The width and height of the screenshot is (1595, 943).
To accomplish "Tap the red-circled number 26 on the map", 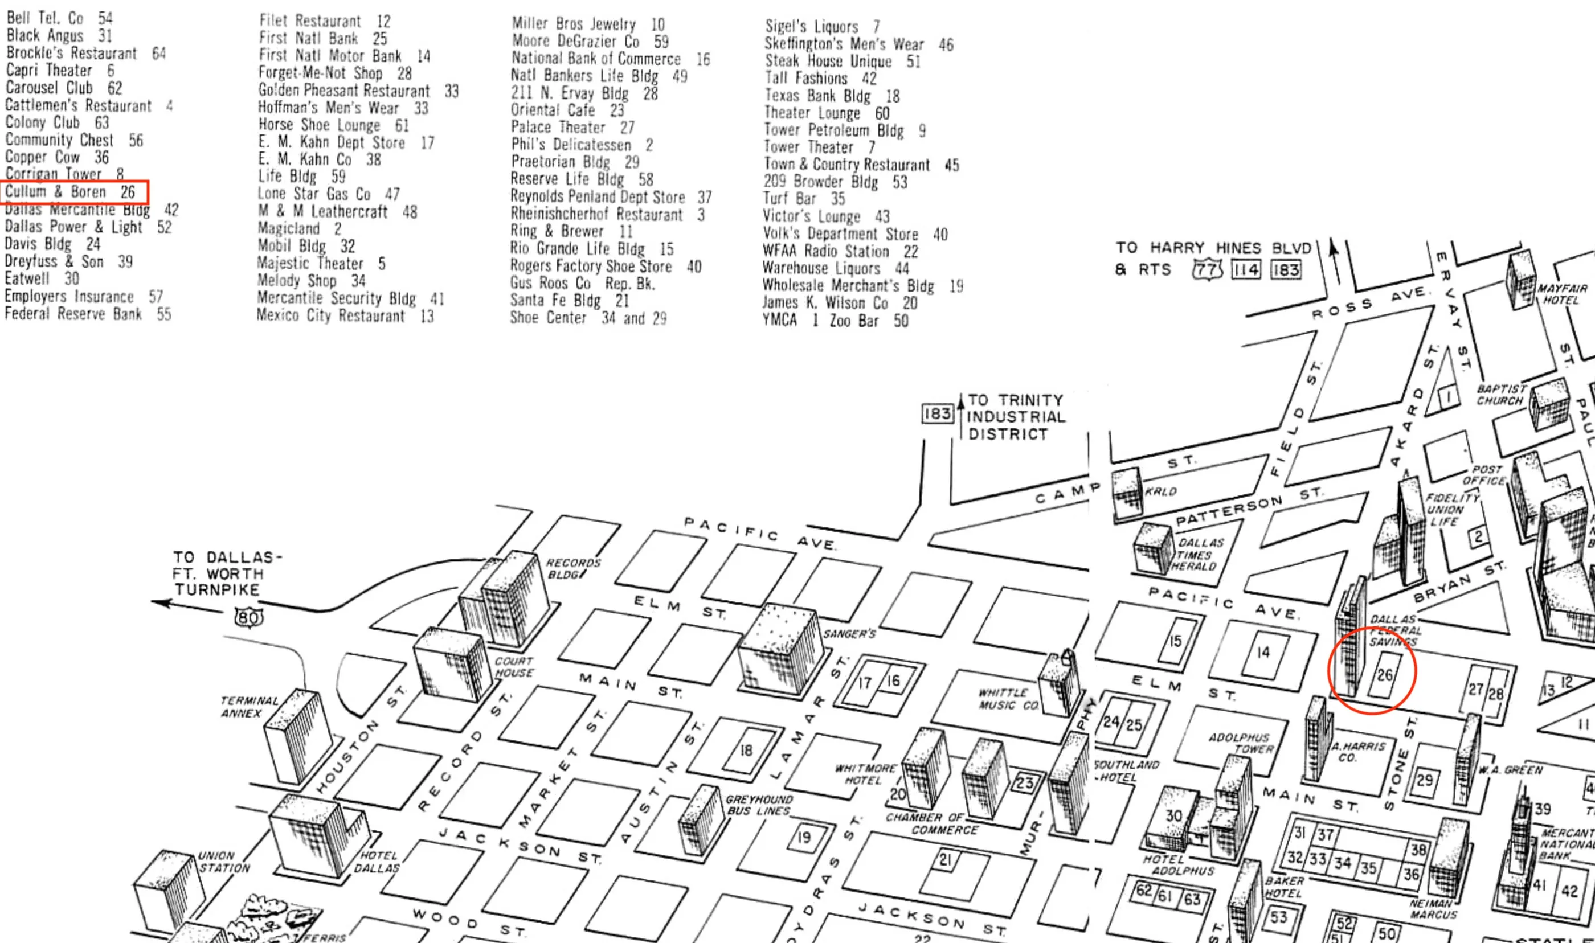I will (1384, 675).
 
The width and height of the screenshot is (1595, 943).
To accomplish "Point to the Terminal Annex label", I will (249, 707).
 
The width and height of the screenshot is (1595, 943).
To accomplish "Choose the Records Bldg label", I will (572, 568).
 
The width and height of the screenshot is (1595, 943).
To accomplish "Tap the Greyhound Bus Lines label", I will (759, 805).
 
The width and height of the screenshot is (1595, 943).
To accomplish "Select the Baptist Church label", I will (1500, 394).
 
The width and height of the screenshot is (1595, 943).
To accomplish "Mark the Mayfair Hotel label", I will (1561, 294).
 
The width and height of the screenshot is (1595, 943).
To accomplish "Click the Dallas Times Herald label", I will (1198, 554).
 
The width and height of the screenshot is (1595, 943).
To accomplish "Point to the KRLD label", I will (1160, 491).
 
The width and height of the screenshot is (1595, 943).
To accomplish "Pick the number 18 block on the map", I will (746, 751).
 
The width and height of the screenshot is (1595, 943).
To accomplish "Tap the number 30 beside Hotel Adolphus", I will (1173, 815).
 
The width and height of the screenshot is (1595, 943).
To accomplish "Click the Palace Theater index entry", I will (572, 128).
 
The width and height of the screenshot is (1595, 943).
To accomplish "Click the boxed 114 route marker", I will (1245, 269).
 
